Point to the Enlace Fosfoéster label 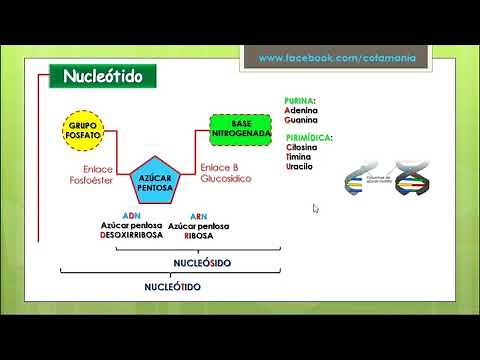tap(86, 176)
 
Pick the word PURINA tap(300, 101)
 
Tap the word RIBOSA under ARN tap(200, 236)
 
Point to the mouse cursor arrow tap(316, 209)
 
